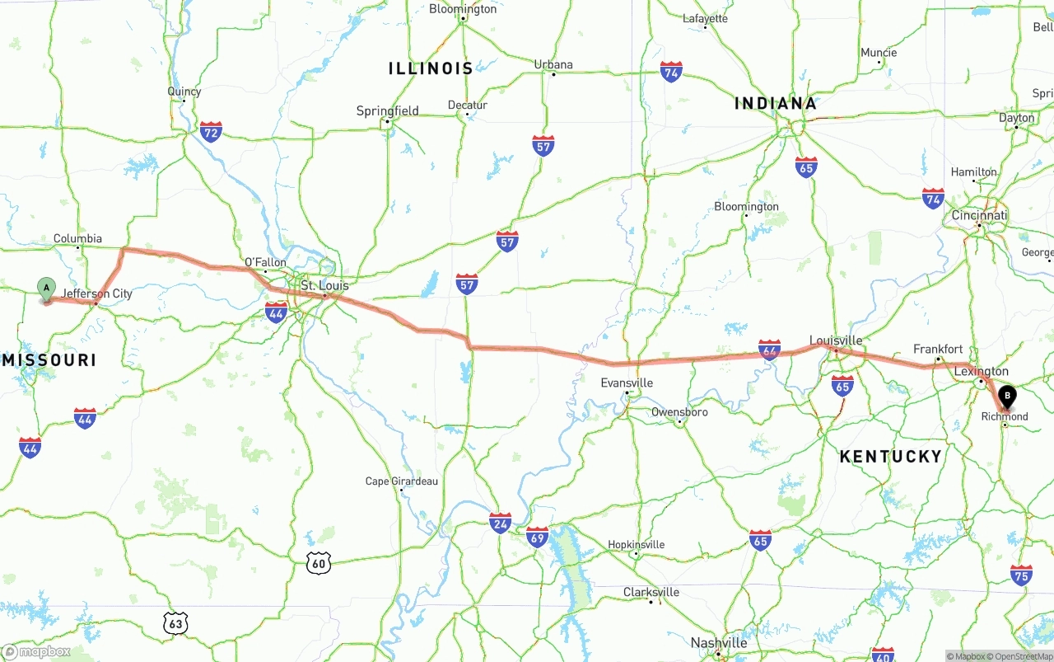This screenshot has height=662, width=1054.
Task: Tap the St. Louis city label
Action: click(324, 285)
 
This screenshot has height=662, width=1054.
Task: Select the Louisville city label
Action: click(836, 340)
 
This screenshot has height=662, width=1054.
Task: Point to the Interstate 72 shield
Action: click(211, 131)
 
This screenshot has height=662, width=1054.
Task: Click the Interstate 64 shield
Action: click(770, 350)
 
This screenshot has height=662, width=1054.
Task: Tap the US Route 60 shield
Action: click(319, 563)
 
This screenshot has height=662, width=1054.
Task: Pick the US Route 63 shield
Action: click(175, 623)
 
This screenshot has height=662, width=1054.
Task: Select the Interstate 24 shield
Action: click(500, 523)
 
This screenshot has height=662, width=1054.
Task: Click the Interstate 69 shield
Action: click(538, 537)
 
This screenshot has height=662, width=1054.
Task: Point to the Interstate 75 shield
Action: click(1021, 575)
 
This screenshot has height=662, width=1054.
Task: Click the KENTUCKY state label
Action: click(890, 457)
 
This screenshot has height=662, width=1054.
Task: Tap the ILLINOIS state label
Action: click(431, 68)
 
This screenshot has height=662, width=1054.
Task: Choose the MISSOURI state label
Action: click(49, 360)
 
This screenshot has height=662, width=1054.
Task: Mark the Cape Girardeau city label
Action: click(402, 481)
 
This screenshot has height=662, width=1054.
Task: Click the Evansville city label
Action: click(627, 383)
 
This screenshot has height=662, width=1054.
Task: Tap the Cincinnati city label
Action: click(979, 216)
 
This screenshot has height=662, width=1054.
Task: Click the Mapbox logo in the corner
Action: click(36, 652)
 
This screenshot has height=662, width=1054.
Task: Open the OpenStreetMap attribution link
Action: click(1021, 656)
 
